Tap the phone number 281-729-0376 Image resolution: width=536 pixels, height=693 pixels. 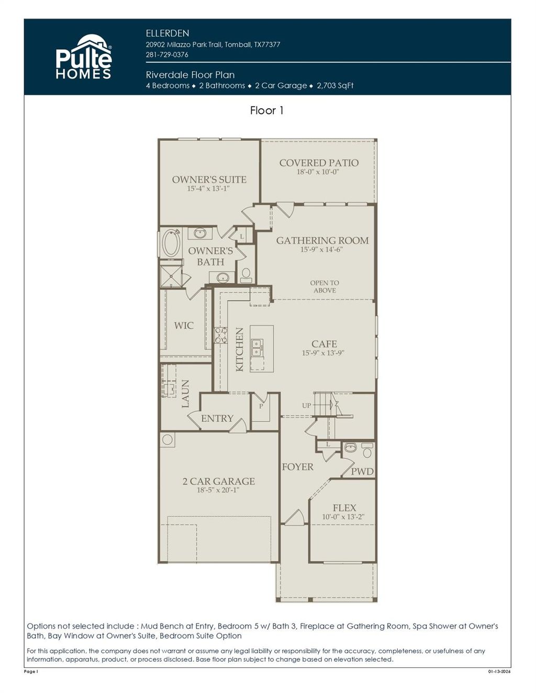[x=167, y=54]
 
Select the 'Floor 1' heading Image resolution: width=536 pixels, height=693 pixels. [x=266, y=110]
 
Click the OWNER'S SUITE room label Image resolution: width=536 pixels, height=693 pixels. [x=209, y=179]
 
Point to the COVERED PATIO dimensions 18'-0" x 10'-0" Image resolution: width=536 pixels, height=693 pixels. [x=318, y=171]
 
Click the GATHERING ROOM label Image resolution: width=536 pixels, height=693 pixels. [x=322, y=240]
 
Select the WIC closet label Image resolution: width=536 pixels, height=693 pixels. [x=184, y=326]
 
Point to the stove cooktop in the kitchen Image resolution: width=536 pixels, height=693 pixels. [x=221, y=335]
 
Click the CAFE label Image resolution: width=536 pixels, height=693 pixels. [x=324, y=343]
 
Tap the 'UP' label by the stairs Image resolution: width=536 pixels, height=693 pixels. [x=307, y=406]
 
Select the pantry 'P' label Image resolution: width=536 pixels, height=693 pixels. [x=261, y=406]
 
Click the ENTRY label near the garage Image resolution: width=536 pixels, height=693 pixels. [x=217, y=418]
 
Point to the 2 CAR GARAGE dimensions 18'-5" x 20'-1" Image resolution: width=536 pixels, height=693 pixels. [x=218, y=490]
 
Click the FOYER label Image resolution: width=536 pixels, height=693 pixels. [x=297, y=467]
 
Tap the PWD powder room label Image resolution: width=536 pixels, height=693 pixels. [x=362, y=471]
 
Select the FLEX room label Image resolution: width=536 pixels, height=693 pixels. [x=344, y=507]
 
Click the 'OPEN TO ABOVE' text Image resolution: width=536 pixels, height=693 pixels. [x=325, y=286]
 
